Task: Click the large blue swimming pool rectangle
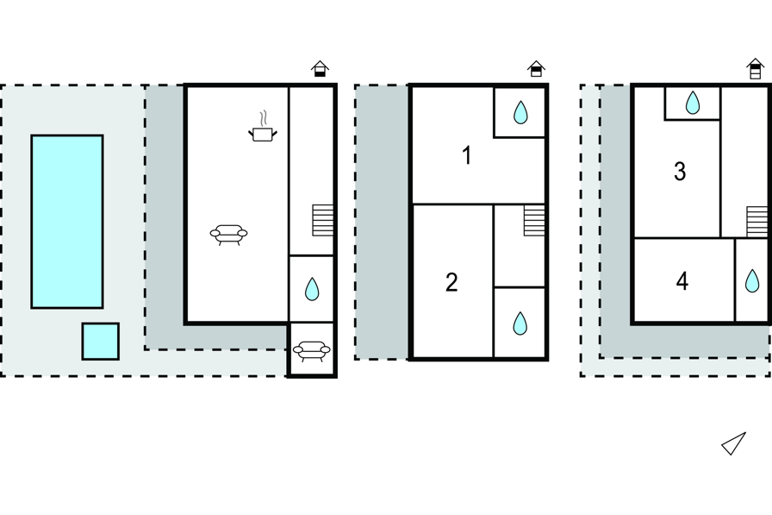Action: pos(67,221)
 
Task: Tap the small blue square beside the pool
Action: pos(101,342)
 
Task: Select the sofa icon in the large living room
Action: pos(228,234)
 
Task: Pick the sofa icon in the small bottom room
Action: pos(311,350)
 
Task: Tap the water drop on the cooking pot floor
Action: pos(312,289)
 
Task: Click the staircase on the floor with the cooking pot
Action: pos(323,220)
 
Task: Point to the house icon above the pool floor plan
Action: pos(320,69)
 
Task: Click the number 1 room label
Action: pos(467,156)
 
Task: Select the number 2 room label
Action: pos(451,282)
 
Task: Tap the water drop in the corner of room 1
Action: pos(520,112)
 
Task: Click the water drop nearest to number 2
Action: pos(520,323)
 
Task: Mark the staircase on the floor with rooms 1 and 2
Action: pos(535,221)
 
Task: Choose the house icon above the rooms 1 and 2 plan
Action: pos(536,69)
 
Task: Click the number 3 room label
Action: pos(680,172)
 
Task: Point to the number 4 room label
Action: pos(682,281)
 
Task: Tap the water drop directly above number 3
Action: pos(693,104)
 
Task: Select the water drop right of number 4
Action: pos(752,280)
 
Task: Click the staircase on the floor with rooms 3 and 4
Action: pos(757,221)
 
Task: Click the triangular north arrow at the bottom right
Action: pos(733,443)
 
